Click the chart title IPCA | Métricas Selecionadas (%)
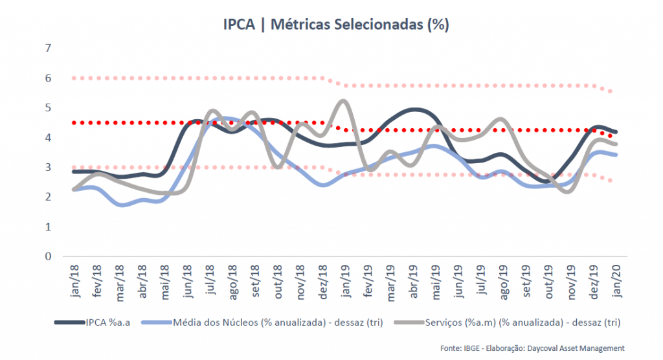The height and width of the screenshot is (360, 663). click(x=331, y=25)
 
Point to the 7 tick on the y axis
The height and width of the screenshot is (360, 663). click(x=48, y=49)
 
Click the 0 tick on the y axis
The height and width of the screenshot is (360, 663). click(x=48, y=256)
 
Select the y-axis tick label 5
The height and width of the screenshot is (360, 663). click(x=48, y=107)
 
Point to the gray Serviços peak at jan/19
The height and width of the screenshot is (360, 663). click(x=343, y=101)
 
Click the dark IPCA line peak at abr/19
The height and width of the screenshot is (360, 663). click(x=415, y=110)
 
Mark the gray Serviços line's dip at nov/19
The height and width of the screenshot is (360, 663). click(x=568, y=192)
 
